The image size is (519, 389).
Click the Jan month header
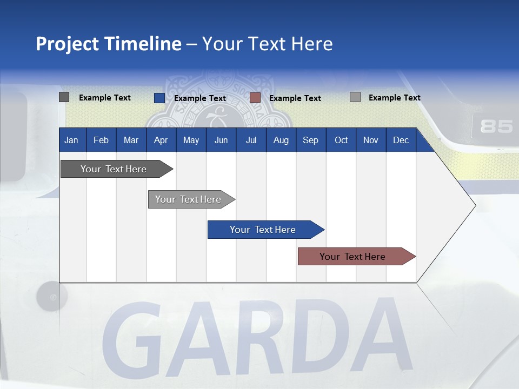click(71, 140)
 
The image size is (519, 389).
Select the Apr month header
click(161, 140)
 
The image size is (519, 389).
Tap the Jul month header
click(251, 140)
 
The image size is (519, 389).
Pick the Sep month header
click(310, 140)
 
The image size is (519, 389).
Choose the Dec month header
click(401, 140)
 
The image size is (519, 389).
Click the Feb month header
click(101, 140)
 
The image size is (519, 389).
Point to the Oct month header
click(341, 140)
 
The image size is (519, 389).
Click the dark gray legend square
click(64, 97)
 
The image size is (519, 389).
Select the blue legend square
click(159, 98)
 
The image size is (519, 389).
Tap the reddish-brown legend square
click(255, 98)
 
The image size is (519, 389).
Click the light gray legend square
click(355, 97)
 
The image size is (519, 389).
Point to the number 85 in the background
click(496, 126)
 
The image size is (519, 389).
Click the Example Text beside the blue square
click(199, 98)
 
